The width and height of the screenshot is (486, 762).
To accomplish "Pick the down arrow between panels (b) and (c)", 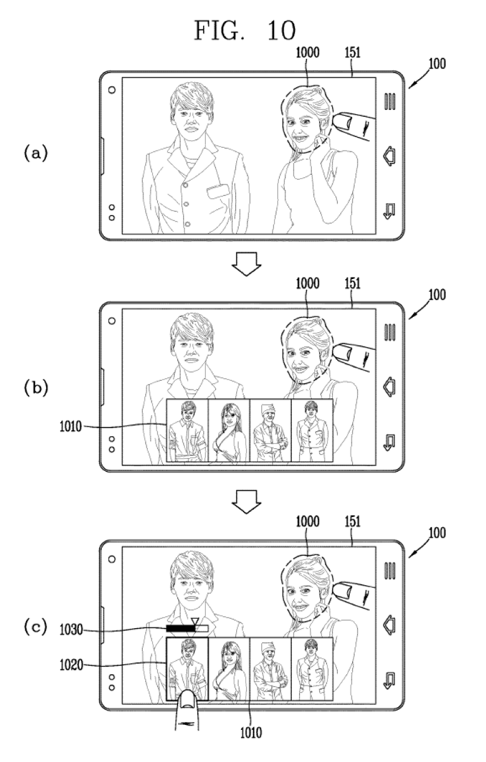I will pos(246,503).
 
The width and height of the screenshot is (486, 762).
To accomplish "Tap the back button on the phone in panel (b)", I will pos(388,442).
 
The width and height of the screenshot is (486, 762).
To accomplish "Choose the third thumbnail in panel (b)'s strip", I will pos(270,432).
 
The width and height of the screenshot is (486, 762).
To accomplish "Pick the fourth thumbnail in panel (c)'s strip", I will pos(312,670).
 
